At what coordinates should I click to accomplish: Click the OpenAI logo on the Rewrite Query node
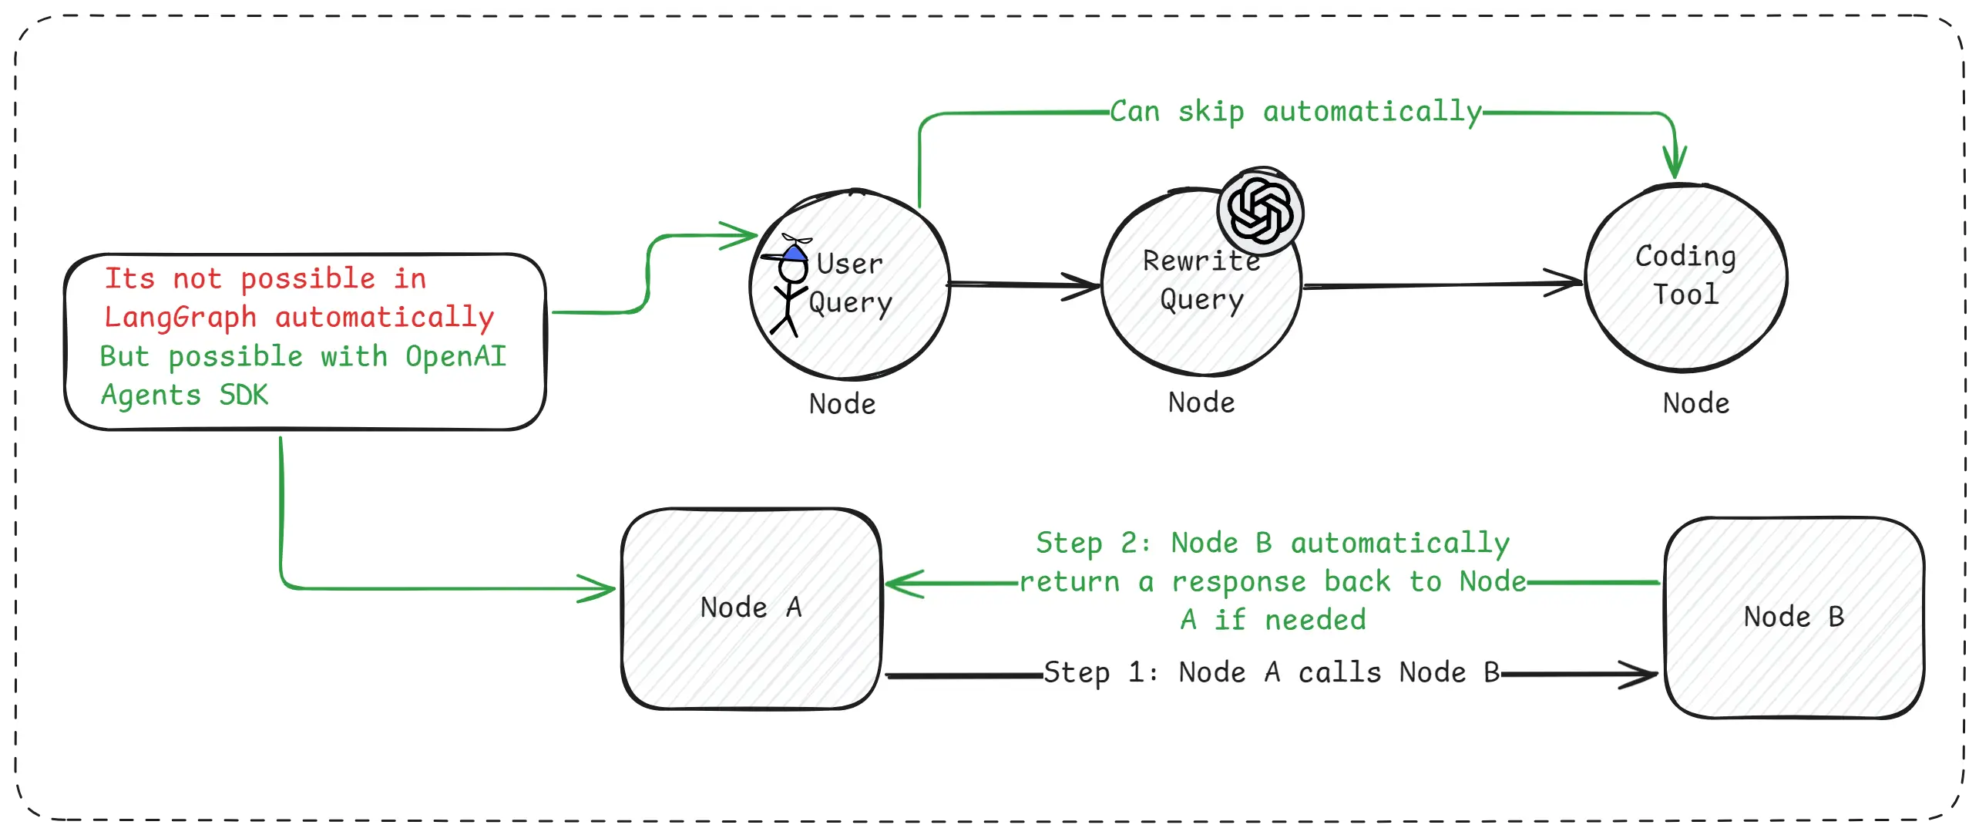pos(1260,210)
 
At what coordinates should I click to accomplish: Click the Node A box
pos(751,608)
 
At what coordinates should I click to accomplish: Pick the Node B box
pos(1793,617)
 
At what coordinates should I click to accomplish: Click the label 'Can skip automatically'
pos(1295,112)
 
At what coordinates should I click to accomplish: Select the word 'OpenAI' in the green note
pos(456,356)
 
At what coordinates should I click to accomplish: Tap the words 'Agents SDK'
pos(185,395)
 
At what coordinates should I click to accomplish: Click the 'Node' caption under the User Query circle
pos(842,404)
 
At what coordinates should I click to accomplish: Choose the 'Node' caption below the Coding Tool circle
pos(1695,403)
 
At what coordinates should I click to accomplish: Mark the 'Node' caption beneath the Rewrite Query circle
pos(1201,402)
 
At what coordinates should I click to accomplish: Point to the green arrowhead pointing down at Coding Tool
pos(1674,166)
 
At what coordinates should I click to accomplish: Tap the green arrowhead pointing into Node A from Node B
pos(900,583)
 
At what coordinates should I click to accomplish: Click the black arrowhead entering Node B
pos(1643,675)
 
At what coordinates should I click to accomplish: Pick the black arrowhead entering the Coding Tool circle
pos(1567,282)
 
